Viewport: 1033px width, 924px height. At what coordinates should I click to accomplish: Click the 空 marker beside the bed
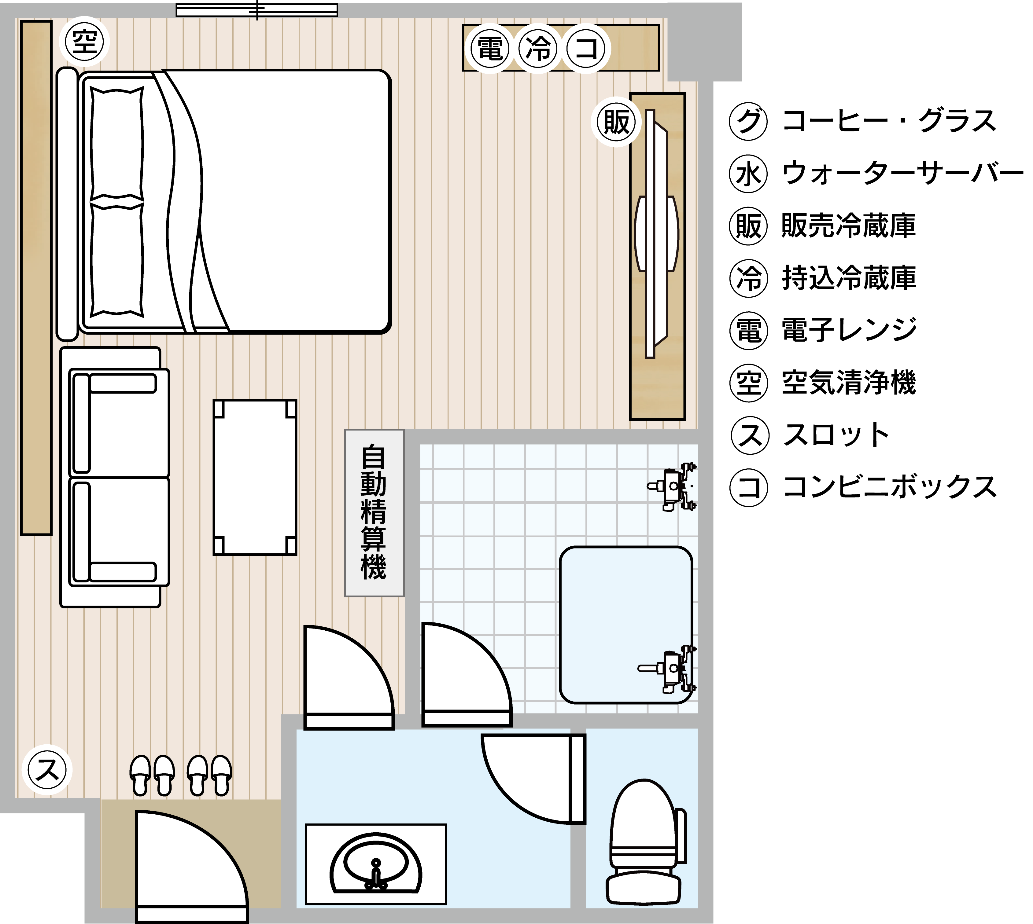[x=84, y=42]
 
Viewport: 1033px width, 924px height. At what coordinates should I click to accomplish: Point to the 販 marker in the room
[x=616, y=122]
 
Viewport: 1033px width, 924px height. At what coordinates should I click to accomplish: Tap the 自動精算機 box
[x=374, y=513]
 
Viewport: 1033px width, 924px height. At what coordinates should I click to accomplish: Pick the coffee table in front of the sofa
[x=255, y=477]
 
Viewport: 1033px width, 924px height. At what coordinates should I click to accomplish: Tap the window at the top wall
[x=257, y=10]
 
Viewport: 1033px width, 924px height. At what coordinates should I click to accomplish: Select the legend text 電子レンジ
[x=849, y=329]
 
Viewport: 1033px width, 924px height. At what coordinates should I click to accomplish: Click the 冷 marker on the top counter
[x=538, y=49]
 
